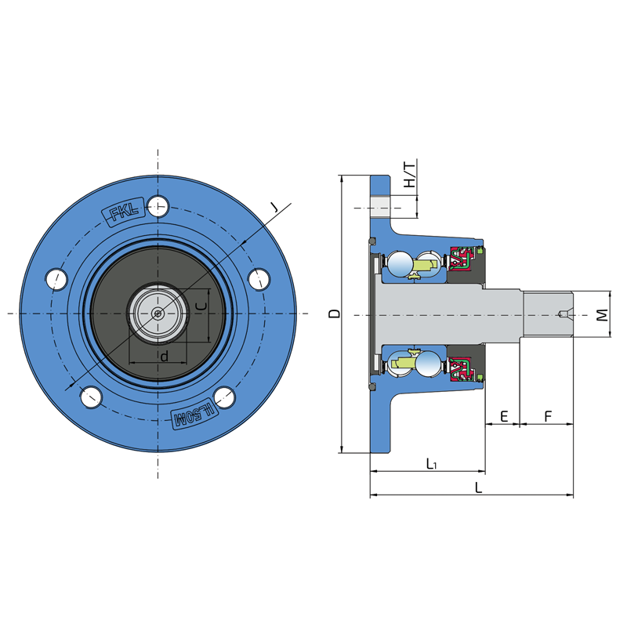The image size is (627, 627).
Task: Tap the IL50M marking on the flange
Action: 194,416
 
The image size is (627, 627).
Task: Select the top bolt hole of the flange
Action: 158,207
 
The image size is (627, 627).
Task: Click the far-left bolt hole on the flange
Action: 56,280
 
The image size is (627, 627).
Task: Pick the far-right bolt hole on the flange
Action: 259,280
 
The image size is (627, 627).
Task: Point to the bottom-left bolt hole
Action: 92,397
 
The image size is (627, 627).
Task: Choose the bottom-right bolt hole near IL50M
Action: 224,397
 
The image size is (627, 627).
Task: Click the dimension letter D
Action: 335,314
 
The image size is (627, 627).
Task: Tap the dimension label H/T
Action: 409,175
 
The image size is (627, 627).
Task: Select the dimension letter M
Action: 602,315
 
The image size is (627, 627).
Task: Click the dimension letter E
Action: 504,416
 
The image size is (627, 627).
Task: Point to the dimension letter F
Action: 548,416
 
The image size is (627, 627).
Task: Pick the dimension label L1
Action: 431,464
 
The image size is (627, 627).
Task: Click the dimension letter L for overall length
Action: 478,487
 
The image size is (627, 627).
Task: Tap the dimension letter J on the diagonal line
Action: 274,207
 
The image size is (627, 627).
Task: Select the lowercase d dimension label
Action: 164,356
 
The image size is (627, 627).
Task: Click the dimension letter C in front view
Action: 203,306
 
